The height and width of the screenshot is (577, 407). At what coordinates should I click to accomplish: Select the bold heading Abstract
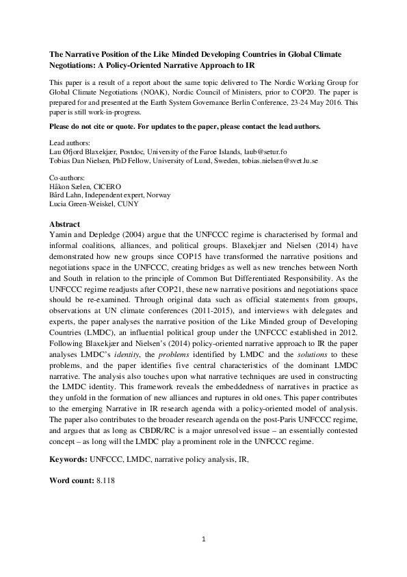[65, 225]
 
